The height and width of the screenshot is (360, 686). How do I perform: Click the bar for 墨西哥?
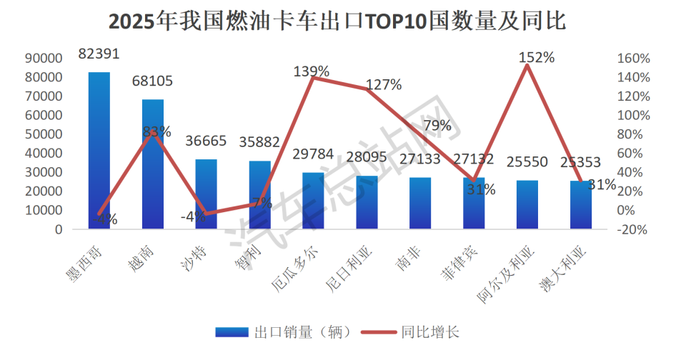[x=99, y=151]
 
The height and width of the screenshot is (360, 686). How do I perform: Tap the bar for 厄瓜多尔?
[x=313, y=201]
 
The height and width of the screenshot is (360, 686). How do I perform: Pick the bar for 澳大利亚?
[x=580, y=205]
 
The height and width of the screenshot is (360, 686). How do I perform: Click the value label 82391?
[x=99, y=54]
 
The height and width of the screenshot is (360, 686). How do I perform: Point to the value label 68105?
[x=153, y=81]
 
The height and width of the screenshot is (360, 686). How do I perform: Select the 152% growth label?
[x=536, y=57]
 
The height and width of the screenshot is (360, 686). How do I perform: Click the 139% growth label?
[x=312, y=71]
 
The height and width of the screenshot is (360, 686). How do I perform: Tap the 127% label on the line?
[x=384, y=85]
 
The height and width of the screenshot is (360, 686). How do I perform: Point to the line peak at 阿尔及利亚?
[x=527, y=65]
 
